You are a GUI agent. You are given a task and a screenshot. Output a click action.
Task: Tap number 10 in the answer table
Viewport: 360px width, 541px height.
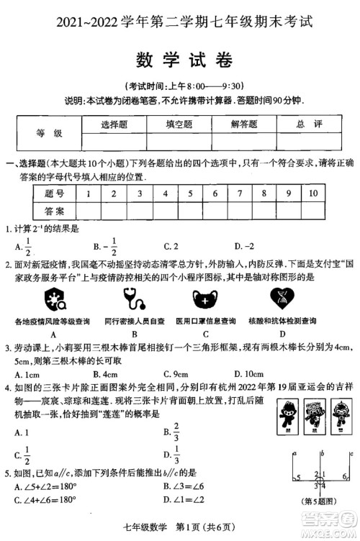click(312, 194)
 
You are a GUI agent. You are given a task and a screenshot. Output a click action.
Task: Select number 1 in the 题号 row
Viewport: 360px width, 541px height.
click(87, 194)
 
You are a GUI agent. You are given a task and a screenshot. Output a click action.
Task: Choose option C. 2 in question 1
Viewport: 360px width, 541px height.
click(171, 247)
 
